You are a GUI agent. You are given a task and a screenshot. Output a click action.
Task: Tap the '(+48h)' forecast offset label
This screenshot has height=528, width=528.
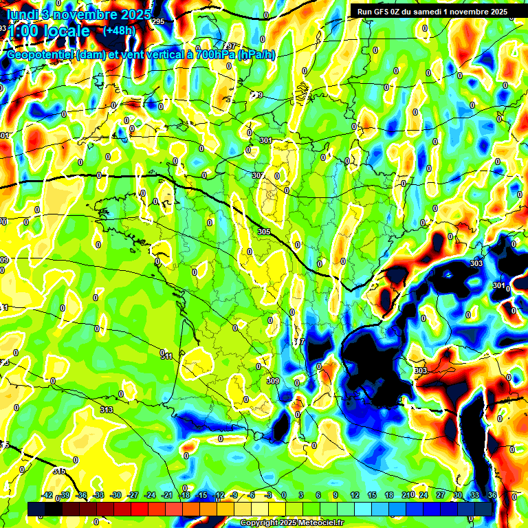tap(119, 30)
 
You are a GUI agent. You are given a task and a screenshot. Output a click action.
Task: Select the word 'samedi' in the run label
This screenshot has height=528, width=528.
tap(442, 11)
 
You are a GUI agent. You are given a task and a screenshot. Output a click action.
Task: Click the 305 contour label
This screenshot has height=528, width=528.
tap(264, 232)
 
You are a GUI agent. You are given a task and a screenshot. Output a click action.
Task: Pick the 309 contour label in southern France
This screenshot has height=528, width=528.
tap(273, 381)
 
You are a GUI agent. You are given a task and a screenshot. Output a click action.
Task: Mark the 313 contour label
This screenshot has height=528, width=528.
tap(106, 410)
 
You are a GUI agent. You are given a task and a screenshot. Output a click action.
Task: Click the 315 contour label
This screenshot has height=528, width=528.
tap(59, 471)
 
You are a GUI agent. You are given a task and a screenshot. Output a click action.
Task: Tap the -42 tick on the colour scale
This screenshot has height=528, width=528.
tap(47, 495)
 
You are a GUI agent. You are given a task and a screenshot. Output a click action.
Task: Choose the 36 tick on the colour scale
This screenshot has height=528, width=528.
tap(492, 495)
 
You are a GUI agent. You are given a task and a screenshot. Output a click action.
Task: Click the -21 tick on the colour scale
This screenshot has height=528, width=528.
tap(167, 495)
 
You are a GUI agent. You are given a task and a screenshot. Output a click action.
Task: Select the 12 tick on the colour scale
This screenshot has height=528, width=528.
tap(355, 495)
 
